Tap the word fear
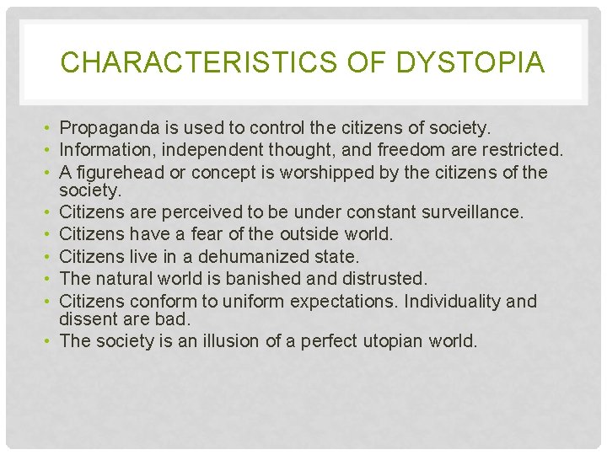pos(211,233)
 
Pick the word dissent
pos(87,320)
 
